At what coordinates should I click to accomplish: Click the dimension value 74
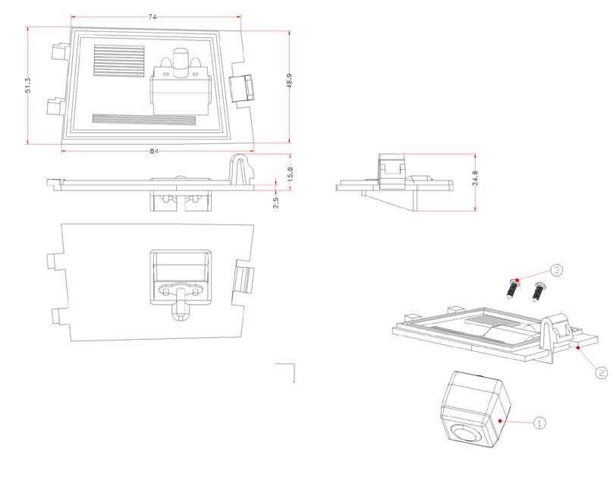(152, 17)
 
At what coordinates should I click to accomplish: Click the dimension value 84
(154, 151)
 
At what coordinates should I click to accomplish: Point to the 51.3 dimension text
(28, 85)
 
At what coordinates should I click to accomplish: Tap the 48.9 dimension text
(289, 81)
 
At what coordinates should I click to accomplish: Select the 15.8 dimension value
(290, 174)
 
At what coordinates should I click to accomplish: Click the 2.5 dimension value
(275, 202)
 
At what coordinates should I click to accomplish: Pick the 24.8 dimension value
(475, 178)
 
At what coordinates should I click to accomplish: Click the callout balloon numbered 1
(539, 422)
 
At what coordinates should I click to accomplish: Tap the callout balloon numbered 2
(602, 372)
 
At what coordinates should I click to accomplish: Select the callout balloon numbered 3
(556, 270)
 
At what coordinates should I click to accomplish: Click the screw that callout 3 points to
(513, 289)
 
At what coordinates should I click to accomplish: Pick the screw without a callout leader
(539, 292)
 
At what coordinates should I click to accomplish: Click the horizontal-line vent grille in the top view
(119, 61)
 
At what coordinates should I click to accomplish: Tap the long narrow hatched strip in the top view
(144, 119)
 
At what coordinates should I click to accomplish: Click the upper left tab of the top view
(60, 51)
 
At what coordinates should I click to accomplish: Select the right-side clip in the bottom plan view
(243, 279)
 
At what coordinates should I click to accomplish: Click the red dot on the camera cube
(500, 421)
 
